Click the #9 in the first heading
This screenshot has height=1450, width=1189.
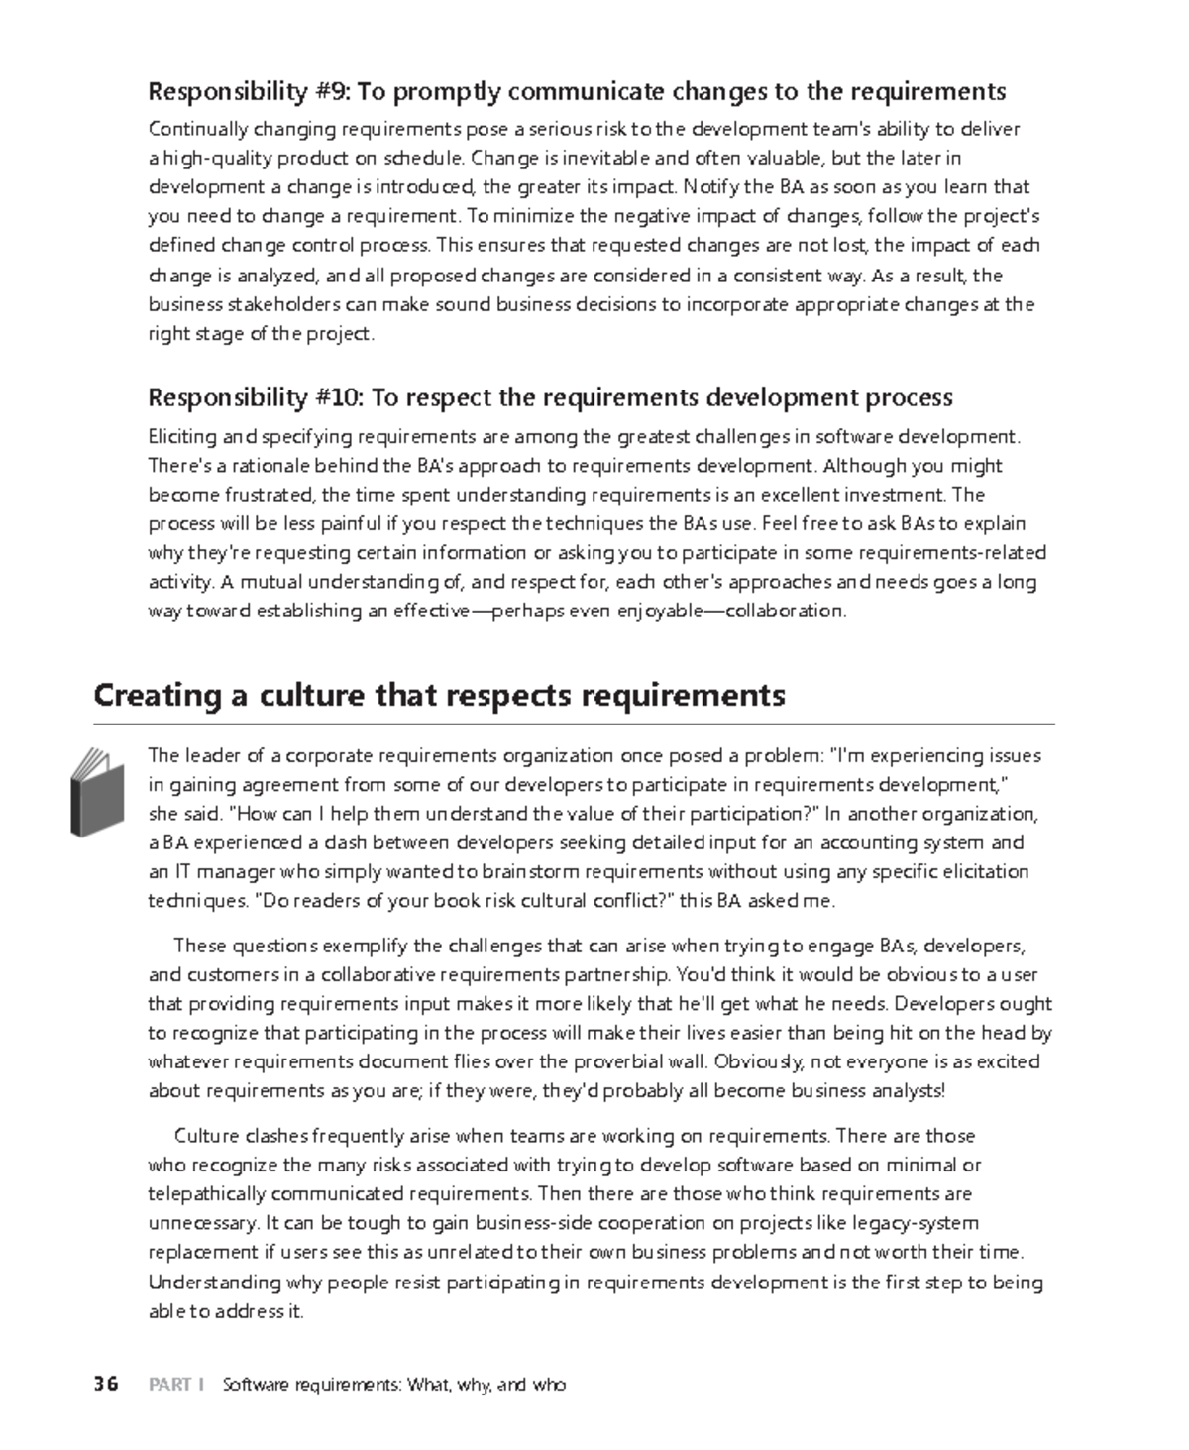click(x=334, y=92)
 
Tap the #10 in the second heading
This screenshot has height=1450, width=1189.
click(x=339, y=398)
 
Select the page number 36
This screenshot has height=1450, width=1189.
click(x=106, y=1385)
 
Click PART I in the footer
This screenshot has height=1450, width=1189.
click(x=175, y=1385)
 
